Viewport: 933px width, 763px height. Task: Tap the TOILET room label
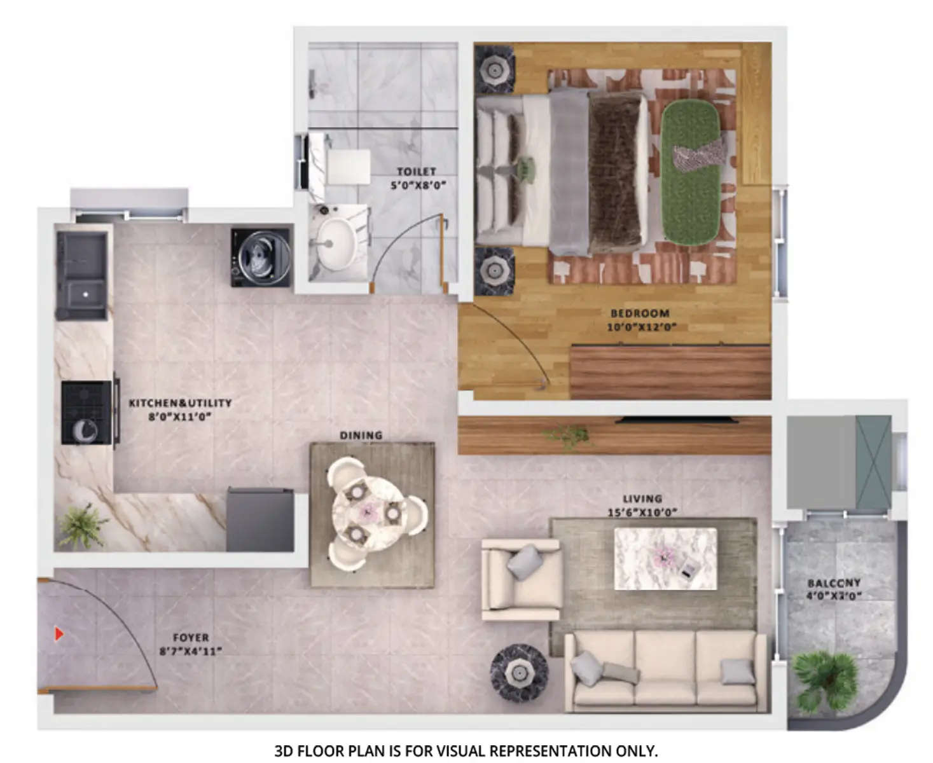point(417,172)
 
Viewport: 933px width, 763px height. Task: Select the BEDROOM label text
point(640,313)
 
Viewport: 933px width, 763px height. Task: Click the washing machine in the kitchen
point(261,257)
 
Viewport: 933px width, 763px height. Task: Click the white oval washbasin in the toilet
point(336,244)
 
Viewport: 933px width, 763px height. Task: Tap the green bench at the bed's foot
point(692,172)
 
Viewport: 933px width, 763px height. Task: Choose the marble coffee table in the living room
point(665,558)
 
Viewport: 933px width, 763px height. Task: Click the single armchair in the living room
point(520,579)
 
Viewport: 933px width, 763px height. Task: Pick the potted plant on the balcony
point(827,679)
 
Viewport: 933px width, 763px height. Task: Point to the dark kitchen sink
point(81,276)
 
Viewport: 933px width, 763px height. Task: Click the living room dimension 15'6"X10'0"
point(642,512)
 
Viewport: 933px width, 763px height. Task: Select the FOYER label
point(191,638)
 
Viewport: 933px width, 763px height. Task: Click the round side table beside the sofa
point(519,673)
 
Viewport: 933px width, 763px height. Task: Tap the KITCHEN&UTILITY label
point(180,403)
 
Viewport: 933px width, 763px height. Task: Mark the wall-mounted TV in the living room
point(678,420)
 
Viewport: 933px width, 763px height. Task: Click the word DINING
point(361,436)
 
